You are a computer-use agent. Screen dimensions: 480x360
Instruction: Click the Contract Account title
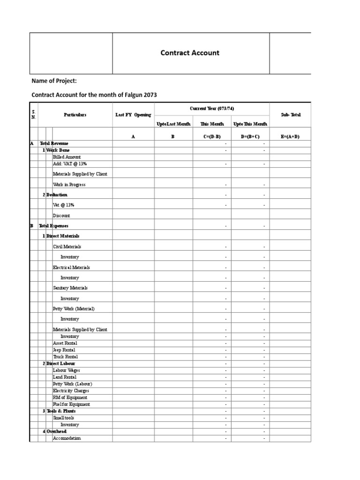pyautogui.click(x=190, y=53)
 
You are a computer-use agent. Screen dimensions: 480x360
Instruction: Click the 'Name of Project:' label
pyautogui.click(x=54, y=81)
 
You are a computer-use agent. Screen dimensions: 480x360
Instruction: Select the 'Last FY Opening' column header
pyautogui.click(x=133, y=115)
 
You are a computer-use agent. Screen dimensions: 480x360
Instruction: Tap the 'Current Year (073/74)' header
pyautogui.click(x=212, y=109)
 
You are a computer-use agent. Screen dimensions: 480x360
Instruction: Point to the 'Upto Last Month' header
pyautogui.click(x=173, y=124)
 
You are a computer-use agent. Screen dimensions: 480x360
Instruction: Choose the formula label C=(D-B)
pyautogui.click(x=211, y=136)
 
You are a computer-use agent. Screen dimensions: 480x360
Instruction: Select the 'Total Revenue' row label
pyautogui.click(x=54, y=143)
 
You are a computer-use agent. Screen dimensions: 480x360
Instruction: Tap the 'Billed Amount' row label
pyautogui.click(x=67, y=157)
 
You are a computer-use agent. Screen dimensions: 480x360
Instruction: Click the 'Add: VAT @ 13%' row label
pyautogui.click(x=70, y=164)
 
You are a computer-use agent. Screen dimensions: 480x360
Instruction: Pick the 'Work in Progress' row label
pyautogui.click(x=69, y=185)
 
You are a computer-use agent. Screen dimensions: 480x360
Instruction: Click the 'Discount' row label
pyautogui.click(x=61, y=216)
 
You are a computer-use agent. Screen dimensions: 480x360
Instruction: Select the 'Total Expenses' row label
pyautogui.click(x=53, y=226)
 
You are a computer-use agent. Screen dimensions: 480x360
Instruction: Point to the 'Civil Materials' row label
pyautogui.click(x=67, y=247)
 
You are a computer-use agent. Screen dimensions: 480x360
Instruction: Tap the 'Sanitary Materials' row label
pyautogui.click(x=70, y=288)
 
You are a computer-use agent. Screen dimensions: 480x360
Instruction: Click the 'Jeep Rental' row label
pyautogui.click(x=64, y=350)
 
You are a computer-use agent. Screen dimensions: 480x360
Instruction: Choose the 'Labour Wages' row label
pyautogui.click(x=67, y=370)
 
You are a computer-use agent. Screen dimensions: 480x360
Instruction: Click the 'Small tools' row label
pyautogui.click(x=64, y=418)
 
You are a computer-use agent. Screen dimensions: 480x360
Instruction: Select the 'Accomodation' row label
pyautogui.click(x=67, y=438)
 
